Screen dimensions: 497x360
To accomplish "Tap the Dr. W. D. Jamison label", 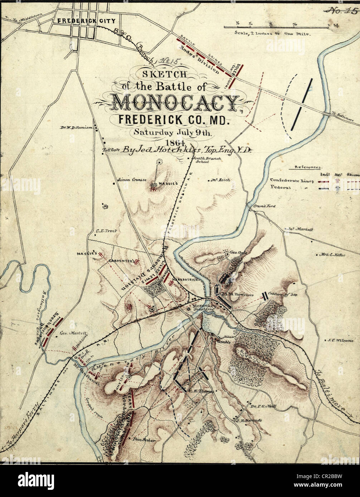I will coord(76,128).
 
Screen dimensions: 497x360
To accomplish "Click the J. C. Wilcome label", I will coord(340,340).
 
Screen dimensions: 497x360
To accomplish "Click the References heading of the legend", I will coord(308,167).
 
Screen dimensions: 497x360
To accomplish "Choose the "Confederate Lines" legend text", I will coord(292,180).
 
